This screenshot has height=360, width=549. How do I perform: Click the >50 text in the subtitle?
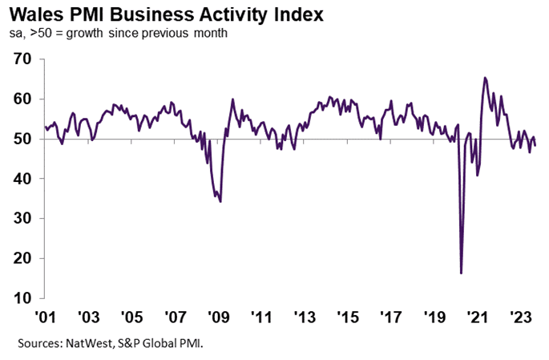pos(42,33)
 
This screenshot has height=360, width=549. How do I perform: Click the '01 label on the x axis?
pos(44,315)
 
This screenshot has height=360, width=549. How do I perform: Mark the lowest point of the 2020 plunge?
pos(461,273)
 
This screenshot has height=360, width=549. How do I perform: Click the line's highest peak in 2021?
pos(485,78)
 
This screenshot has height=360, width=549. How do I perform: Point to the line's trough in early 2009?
pos(220,201)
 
